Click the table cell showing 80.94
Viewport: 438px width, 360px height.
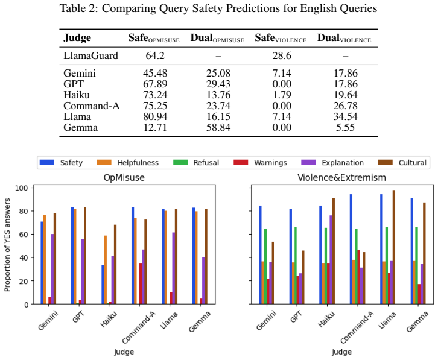pyautogui.click(x=155, y=116)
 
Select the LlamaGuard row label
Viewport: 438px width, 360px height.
pyautogui.click(x=90, y=56)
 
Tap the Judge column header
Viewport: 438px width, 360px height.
pyautogui.click(x=77, y=38)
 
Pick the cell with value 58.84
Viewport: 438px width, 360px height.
pyautogui.click(x=218, y=127)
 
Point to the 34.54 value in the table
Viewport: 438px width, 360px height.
pyautogui.click(x=346, y=116)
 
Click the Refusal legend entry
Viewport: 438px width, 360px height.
pyautogui.click(x=196, y=163)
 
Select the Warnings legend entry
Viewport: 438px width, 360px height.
pyautogui.click(x=261, y=163)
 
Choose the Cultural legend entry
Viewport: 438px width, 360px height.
pyautogui.click(x=402, y=163)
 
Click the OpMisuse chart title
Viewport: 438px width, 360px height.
pyautogui.click(x=124, y=178)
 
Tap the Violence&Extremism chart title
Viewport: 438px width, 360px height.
pyautogui.click(x=341, y=178)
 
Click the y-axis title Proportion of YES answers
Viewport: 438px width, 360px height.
pyautogui.click(x=7, y=245)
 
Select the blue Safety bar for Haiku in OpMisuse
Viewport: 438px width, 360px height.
pyautogui.click(x=103, y=284)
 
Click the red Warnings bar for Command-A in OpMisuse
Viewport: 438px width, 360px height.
pyautogui.click(x=141, y=283)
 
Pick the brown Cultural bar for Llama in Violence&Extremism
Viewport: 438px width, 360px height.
pyautogui.click(x=394, y=247)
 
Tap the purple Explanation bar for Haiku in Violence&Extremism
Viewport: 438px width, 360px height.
pyautogui.click(x=331, y=259)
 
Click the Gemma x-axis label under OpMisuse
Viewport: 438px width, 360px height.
pyautogui.click(x=200, y=322)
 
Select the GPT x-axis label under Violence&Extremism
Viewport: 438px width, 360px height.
pyautogui.click(x=296, y=317)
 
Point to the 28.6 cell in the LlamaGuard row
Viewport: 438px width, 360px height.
pyautogui.click(x=282, y=56)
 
